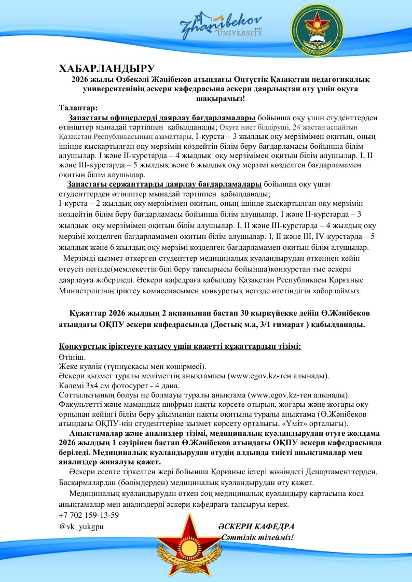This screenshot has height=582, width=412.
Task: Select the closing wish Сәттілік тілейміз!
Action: tap(257, 537)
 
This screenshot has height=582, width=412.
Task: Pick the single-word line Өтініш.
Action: tap(73, 357)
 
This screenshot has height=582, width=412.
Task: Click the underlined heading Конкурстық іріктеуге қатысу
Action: tap(180, 346)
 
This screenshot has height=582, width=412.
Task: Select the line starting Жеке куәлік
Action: tap(133, 366)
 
